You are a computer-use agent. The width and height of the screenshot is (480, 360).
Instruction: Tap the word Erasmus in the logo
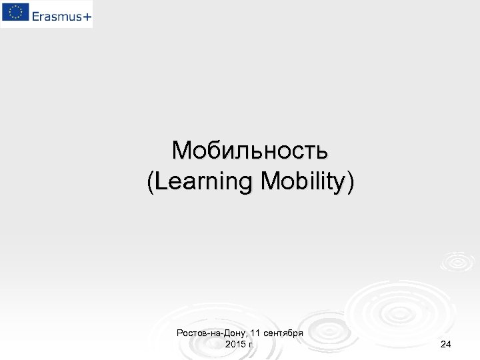pyautogui.click(x=57, y=15)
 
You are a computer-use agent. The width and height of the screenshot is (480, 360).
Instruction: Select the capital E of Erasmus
pyautogui.click(x=35, y=15)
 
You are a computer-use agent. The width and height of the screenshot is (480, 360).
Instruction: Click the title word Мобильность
pyautogui.click(x=249, y=151)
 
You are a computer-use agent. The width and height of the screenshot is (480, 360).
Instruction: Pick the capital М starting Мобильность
pyautogui.click(x=181, y=151)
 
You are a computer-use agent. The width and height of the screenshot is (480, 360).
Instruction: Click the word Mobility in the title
pyautogui.click(x=303, y=182)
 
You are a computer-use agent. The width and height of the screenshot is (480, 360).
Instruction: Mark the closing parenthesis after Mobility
pyautogui.click(x=351, y=182)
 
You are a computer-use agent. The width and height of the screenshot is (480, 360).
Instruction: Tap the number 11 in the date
pyautogui.click(x=257, y=332)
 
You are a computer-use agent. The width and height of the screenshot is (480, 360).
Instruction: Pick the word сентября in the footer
pyautogui.click(x=285, y=332)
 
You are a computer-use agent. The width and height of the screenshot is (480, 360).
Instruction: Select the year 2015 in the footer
pyautogui.click(x=236, y=344)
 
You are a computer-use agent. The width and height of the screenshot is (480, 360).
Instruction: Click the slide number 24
pyautogui.click(x=446, y=344)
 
